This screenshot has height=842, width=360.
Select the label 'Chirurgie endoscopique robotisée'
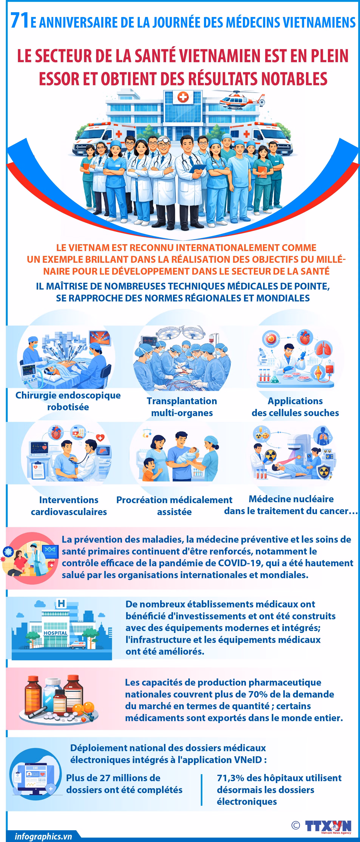[68, 401]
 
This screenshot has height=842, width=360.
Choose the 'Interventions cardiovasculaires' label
[69, 506]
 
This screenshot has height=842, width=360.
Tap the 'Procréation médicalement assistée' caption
[174, 506]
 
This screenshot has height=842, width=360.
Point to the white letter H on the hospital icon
[61, 603]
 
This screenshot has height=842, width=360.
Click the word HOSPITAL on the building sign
[55, 633]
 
